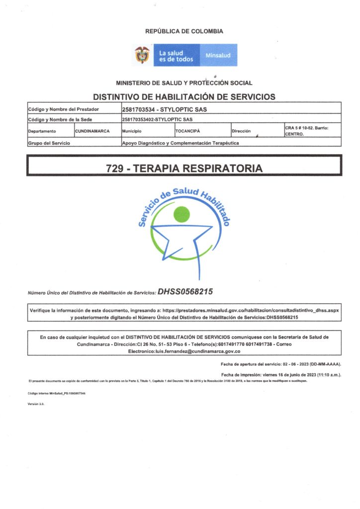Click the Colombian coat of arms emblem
pos(143,55)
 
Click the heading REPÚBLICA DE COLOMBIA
pos(184,31)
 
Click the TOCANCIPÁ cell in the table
pos(187,131)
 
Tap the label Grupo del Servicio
pos(49,143)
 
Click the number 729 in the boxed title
pos(115,169)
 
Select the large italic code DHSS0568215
pos(185,292)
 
